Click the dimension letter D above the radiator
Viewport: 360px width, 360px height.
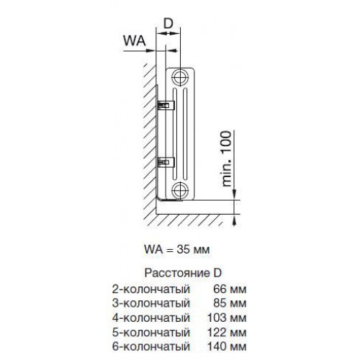tap(168, 24)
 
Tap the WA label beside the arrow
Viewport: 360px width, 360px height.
tap(135, 40)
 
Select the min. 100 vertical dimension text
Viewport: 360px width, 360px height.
tap(226, 159)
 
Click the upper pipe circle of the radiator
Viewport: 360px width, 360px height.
tap(179, 77)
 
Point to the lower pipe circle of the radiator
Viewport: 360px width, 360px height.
tap(179, 190)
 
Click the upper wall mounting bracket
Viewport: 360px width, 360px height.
tap(166, 106)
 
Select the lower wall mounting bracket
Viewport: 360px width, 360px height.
tap(166, 162)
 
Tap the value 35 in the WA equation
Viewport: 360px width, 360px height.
tap(183, 250)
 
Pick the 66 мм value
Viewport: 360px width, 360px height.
tap(230, 289)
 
